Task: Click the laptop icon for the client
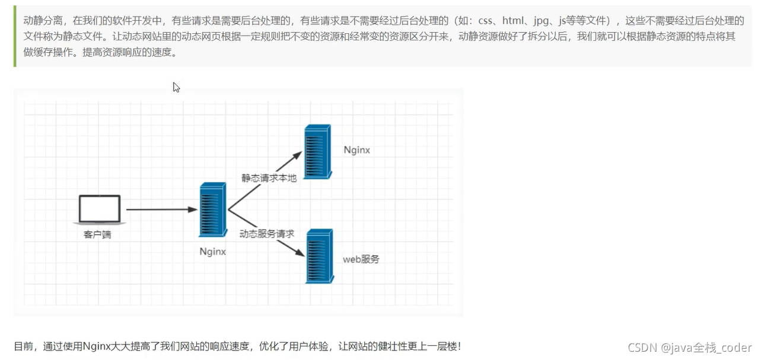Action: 100,209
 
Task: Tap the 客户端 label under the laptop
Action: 97,235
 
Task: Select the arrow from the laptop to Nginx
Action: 162,209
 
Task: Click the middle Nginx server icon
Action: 213,209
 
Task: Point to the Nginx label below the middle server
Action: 213,251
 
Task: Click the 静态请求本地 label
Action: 269,178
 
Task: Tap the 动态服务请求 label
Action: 267,234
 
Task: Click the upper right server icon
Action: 318,152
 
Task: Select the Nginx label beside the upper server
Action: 356,150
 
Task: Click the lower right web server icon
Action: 320,256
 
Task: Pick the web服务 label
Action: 361,259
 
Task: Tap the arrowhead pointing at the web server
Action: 300,252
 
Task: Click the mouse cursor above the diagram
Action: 176,87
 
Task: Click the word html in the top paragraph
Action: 513,21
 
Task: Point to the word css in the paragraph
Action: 485,21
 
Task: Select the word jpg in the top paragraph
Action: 541,21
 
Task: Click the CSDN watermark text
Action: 689,348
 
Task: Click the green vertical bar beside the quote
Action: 15,36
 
